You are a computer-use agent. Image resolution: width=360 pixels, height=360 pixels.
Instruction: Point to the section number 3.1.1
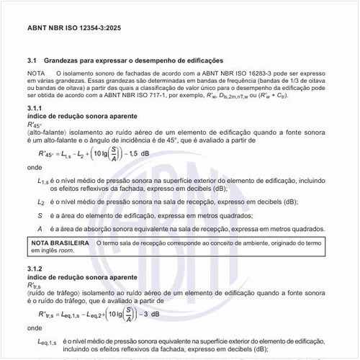[35, 107]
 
